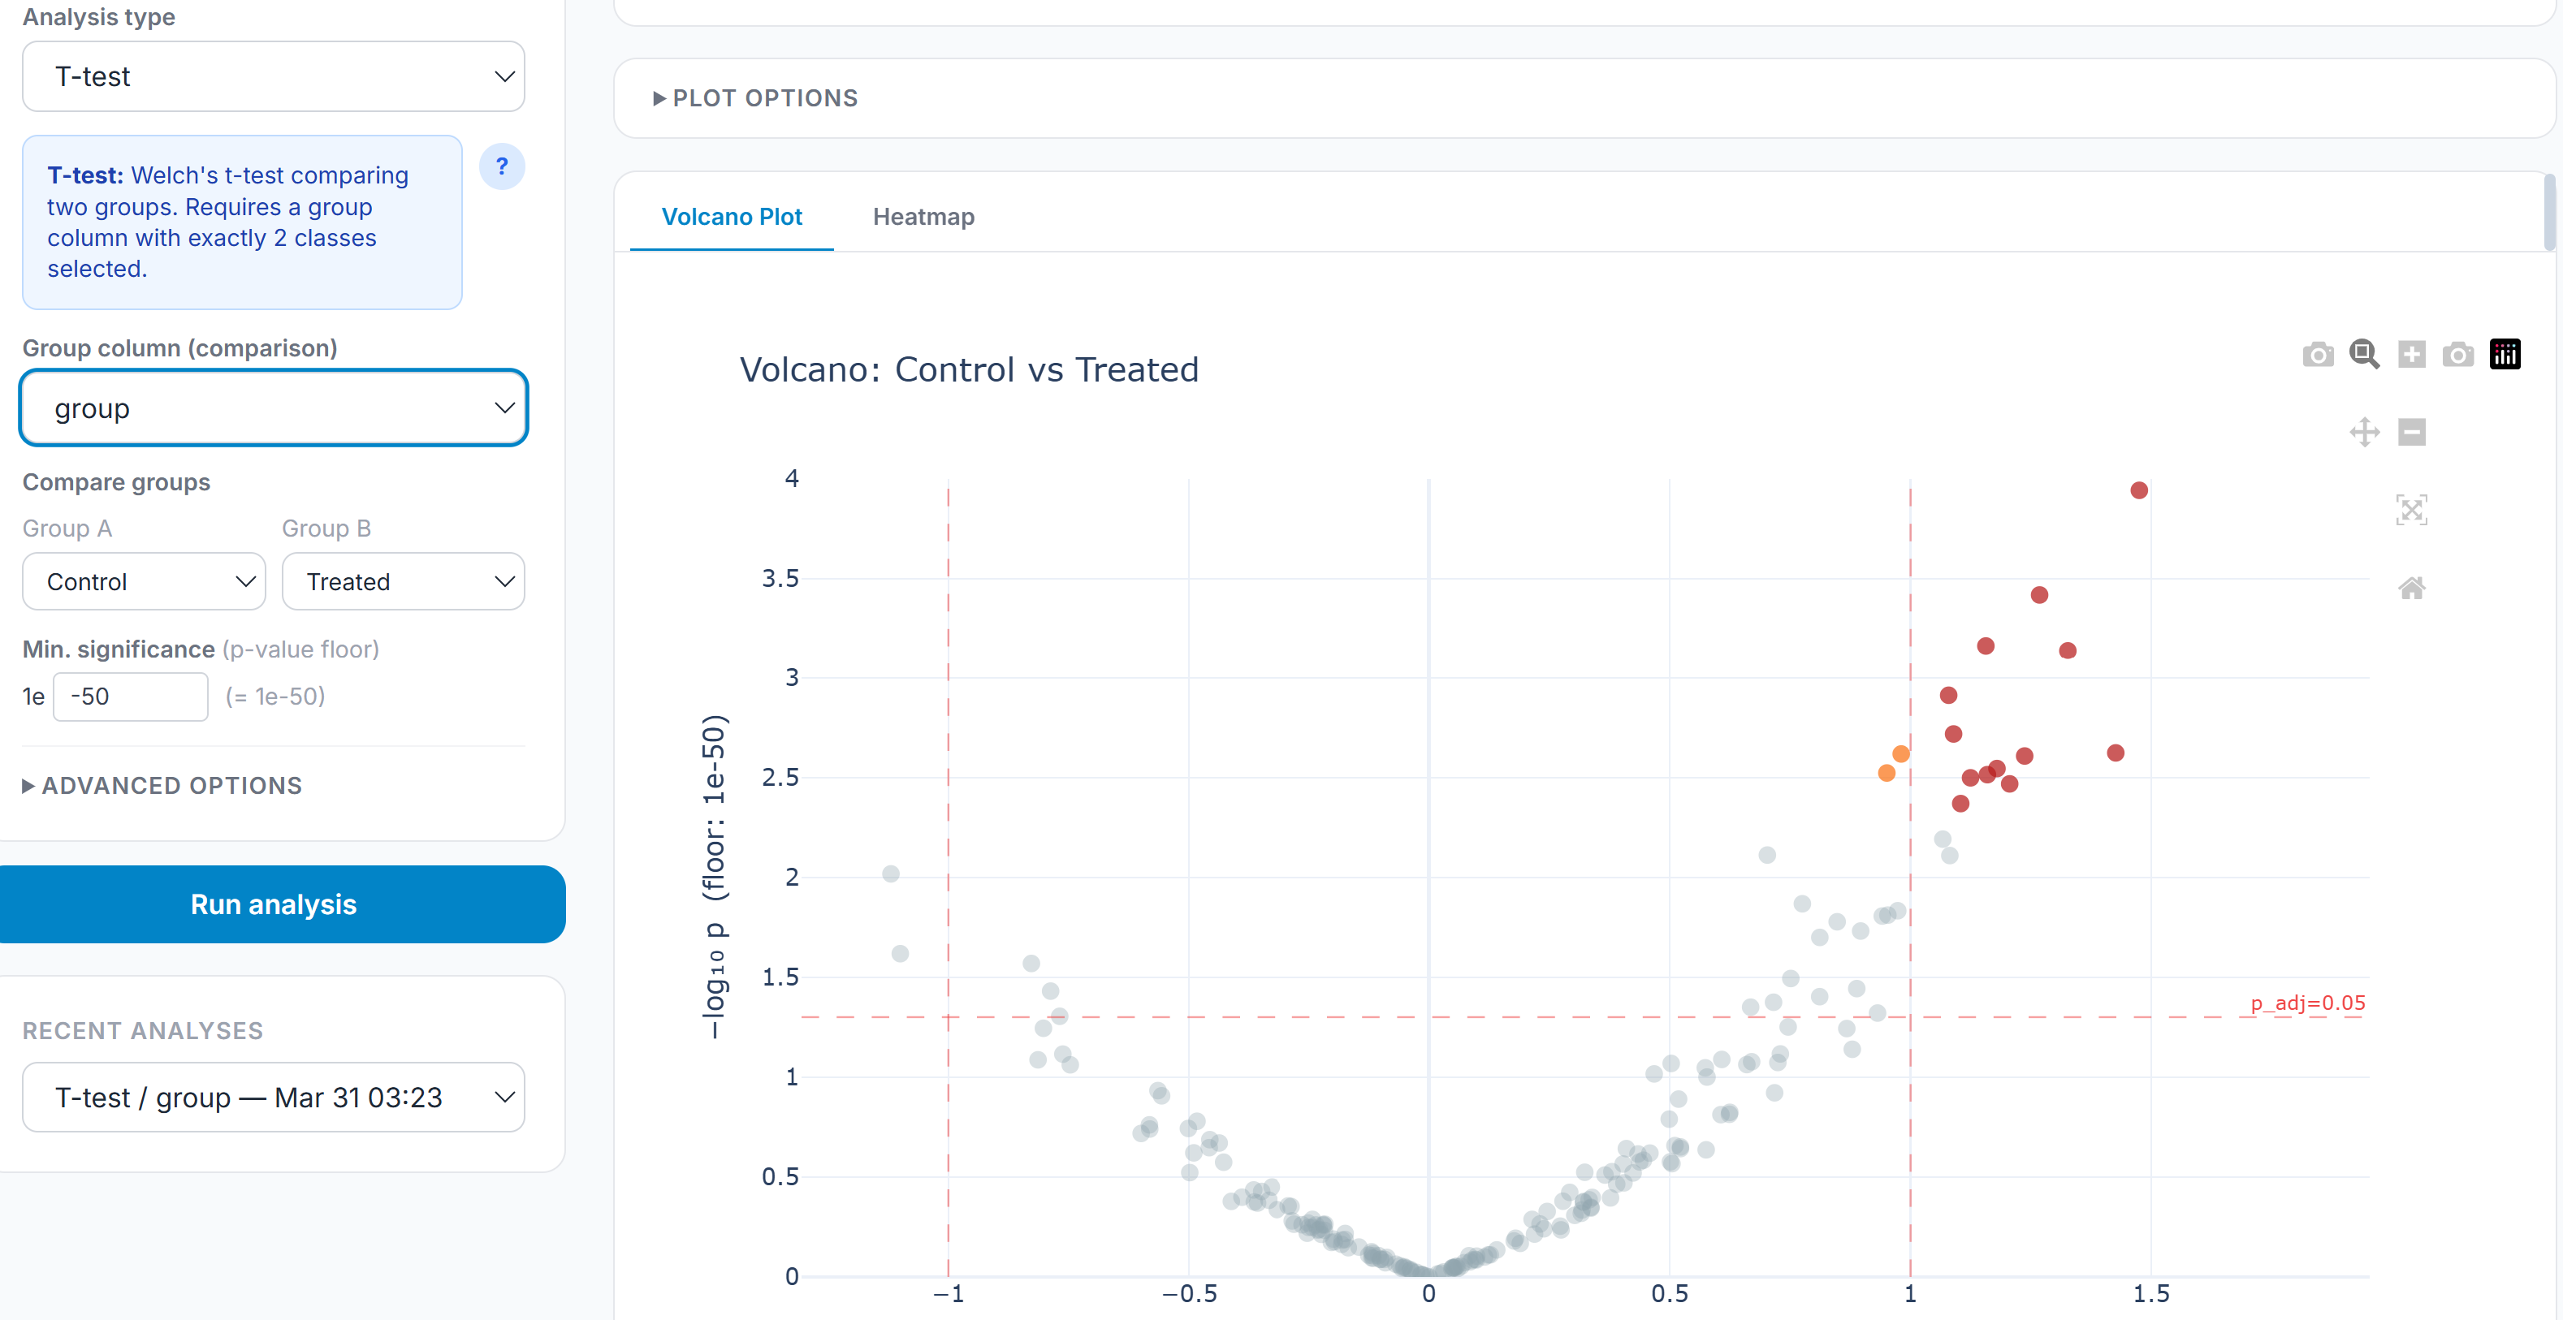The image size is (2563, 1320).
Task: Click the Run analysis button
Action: pos(274,904)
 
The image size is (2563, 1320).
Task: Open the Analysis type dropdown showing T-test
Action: pos(274,76)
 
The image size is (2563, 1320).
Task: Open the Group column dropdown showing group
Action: pos(274,408)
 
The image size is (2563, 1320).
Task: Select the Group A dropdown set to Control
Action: pos(145,582)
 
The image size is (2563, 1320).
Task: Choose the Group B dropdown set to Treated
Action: pos(403,582)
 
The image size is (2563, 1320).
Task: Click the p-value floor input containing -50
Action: pos(130,697)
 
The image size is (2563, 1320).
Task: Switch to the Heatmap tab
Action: pos(923,217)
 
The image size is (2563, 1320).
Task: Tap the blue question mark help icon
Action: pos(501,166)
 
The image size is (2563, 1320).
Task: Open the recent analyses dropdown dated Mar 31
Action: pos(274,1098)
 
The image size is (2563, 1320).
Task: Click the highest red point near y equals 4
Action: pos(2139,490)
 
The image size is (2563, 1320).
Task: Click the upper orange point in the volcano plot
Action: pos(1901,754)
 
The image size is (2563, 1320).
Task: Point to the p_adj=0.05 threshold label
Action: pos(2307,1003)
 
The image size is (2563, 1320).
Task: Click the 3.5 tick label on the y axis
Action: pos(780,578)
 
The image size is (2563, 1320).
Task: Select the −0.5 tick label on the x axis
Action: pos(1189,1293)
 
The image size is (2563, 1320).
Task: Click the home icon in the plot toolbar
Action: pos(2412,588)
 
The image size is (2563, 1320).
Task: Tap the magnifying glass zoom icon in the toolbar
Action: pos(2364,354)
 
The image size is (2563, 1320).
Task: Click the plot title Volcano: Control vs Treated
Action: pos(969,370)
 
